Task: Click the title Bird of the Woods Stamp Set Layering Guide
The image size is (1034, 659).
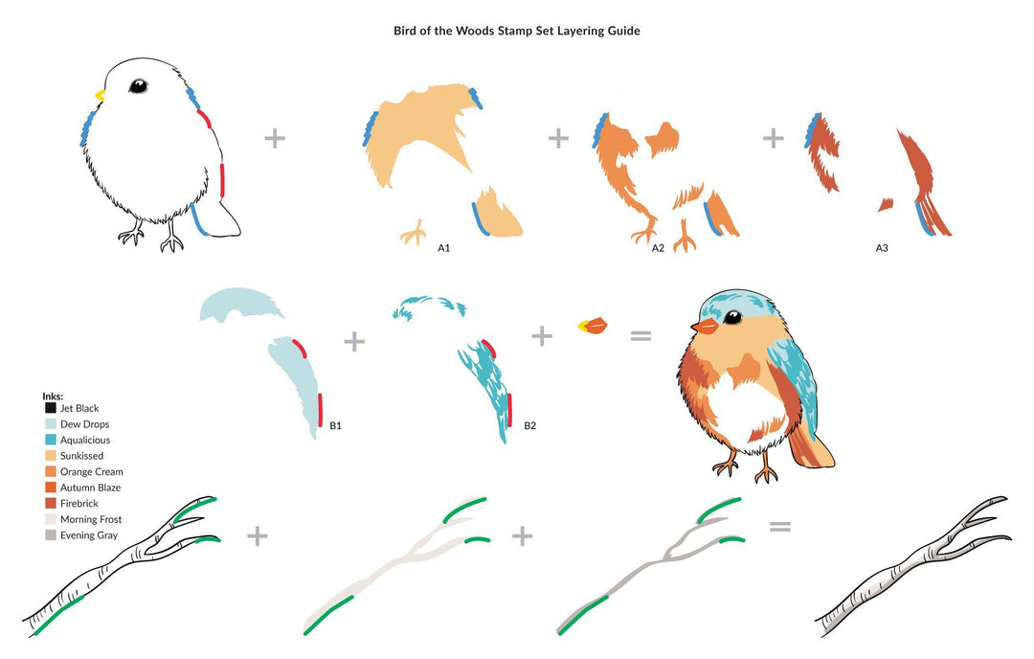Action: [x=517, y=31]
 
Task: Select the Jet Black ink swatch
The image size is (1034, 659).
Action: [x=50, y=408]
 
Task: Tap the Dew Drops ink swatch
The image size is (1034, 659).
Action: [x=50, y=424]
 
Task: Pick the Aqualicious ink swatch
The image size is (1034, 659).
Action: [x=50, y=440]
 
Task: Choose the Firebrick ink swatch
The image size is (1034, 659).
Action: [x=50, y=504]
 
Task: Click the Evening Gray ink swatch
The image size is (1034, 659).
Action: [x=50, y=535]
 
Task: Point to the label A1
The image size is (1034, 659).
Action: [x=444, y=249]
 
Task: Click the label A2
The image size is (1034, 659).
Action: [x=658, y=249]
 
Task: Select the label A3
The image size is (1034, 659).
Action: [x=882, y=249]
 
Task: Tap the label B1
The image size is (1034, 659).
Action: [x=336, y=423]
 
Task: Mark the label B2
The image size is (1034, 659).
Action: [x=530, y=423]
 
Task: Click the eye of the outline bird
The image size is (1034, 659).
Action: [x=138, y=86]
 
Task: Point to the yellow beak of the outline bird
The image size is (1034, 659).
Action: [x=100, y=95]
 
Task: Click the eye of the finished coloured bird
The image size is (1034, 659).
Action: [x=733, y=317]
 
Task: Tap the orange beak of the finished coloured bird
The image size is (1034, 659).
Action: [x=704, y=327]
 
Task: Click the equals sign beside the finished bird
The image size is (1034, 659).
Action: [x=640, y=335]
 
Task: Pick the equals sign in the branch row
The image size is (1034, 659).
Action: [x=780, y=525]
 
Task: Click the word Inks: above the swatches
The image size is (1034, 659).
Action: [x=53, y=396]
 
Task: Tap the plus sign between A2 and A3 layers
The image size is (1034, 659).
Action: [x=773, y=138]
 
